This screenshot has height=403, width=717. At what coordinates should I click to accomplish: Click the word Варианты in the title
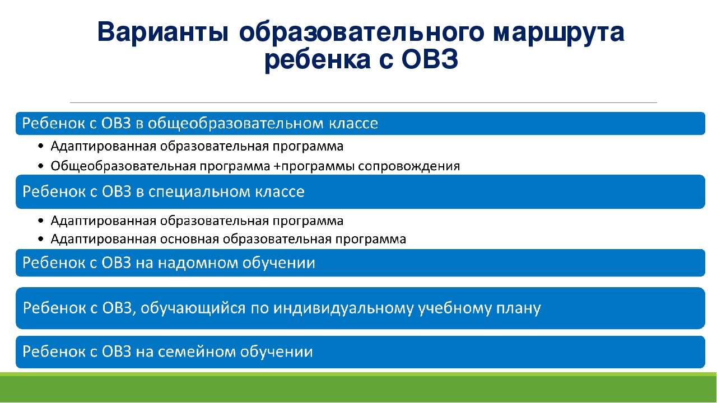pyautogui.click(x=163, y=32)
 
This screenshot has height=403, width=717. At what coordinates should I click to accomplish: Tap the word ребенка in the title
pyautogui.click(x=318, y=60)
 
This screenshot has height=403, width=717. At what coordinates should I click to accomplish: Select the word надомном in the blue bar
pyautogui.click(x=198, y=263)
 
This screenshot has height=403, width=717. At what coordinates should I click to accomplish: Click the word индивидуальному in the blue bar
pyautogui.click(x=343, y=308)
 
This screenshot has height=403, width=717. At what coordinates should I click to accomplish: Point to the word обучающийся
pyautogui.click(x=193, y=308)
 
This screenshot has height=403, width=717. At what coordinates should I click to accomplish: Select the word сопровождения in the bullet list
pyautogui.click(x=409, y=166)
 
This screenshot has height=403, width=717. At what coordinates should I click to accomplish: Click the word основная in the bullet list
pyautogui.click(x=189, y=239)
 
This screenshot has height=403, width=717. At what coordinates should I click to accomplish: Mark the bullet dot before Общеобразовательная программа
pyautogui.click(x=40, y=166)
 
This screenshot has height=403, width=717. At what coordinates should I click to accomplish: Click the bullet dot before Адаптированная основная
pyautogui.click(x=40, y=239)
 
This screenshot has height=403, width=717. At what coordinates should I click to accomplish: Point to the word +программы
pyautogui.click(x=314, y=166)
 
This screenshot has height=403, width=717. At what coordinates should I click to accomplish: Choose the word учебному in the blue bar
pyautogui.click(x=455, y=308)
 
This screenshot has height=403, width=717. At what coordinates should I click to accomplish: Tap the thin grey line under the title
pyautogui.click(x=364, y=102)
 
